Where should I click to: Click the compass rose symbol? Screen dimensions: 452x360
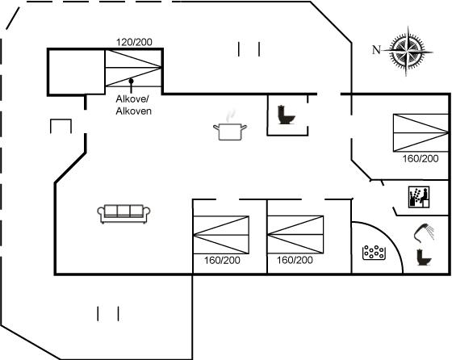(408, 52)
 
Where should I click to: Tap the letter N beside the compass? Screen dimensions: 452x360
(376, 50)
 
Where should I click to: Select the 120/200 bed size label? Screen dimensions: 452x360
(134, 42)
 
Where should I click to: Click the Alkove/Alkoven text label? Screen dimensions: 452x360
(133, 105)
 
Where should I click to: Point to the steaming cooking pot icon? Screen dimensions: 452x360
(230, 126)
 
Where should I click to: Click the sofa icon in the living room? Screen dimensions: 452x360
(123, 214)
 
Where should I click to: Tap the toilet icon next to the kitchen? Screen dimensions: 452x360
(286, 115)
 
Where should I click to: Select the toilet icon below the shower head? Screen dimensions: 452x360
(424, 257)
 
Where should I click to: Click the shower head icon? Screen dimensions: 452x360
(424, 232)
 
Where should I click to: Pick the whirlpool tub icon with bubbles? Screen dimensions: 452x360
(374, 253)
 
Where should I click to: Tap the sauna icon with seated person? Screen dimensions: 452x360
(419, 197)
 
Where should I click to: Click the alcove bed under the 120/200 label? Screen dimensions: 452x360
(133, 68)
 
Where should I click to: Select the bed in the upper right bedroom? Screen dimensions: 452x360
(421, 132)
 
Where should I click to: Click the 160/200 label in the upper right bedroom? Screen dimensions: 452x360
(421, 158)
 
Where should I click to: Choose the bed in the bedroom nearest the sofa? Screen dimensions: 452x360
(221, 235)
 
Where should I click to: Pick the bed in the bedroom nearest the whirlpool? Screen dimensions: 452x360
(295, 235)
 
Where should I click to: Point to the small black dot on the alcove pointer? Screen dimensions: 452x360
(131, 81)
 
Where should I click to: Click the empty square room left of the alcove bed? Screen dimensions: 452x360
(77, 72)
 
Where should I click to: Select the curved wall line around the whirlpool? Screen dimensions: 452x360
(389, 237)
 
